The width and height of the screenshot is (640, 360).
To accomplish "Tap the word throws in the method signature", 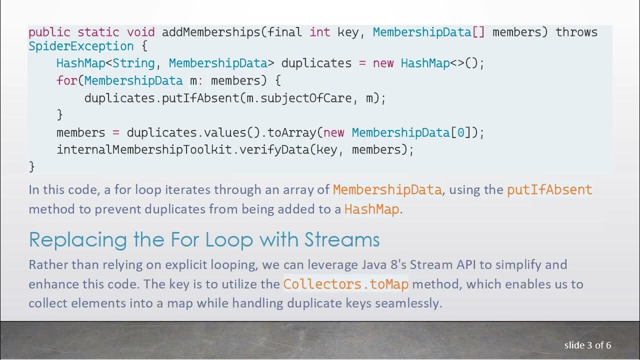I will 576,32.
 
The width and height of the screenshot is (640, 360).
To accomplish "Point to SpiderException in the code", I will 81,46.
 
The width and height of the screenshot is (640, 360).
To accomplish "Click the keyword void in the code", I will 140,32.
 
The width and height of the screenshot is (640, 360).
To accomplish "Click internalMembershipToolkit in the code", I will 144,149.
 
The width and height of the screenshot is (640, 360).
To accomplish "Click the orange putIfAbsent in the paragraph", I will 549,190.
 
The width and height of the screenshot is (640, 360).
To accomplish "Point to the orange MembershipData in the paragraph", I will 387,190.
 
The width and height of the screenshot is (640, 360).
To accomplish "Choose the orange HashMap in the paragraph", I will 371,209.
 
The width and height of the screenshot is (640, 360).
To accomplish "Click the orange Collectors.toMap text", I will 345,284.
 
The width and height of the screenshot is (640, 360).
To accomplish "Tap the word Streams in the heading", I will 341,239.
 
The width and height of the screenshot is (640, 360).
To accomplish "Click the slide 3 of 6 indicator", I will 587,345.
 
